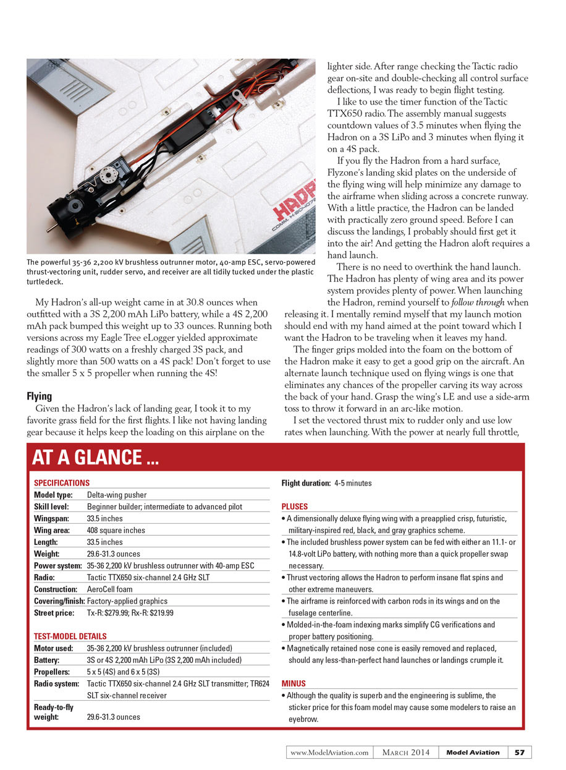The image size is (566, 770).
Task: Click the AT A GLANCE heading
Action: (95, 458)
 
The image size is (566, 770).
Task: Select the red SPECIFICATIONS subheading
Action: (62, 482)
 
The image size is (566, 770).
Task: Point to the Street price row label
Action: (54, 613)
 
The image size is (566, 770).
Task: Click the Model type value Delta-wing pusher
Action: (117, 495)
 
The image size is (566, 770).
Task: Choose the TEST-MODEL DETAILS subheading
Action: (70, 636)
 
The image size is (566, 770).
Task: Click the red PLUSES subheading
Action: (294, 507)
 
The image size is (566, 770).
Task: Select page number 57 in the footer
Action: (520, 752)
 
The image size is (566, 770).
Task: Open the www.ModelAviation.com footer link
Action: (329, 753)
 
